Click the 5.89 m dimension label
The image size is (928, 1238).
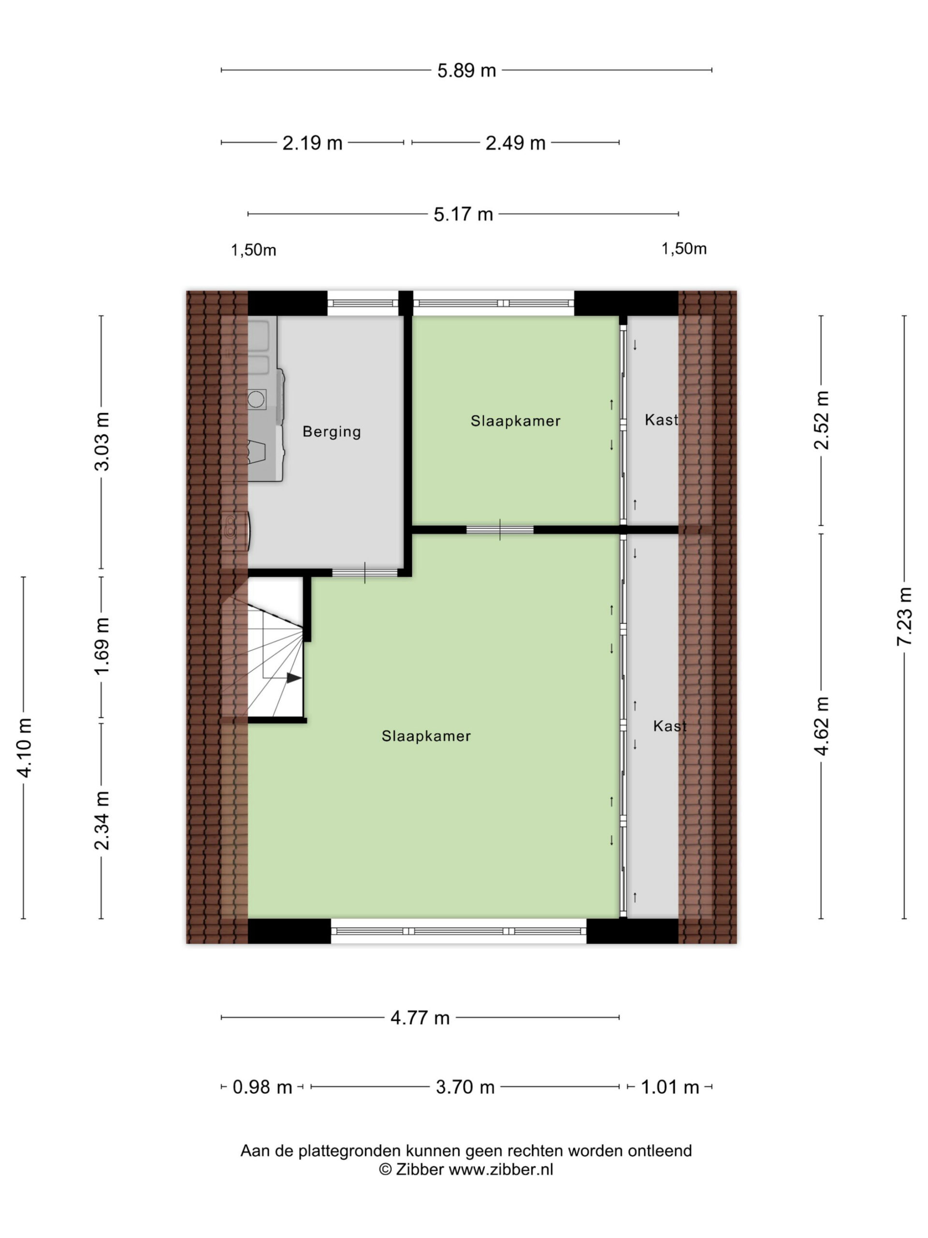point(466,71)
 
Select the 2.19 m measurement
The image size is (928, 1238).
point(312,143)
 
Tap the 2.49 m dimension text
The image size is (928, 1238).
point(515,143)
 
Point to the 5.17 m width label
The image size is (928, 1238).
point(463,214)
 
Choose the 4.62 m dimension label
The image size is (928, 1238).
point(821,726)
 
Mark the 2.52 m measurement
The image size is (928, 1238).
point(821,420)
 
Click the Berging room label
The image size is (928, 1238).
point(332,431)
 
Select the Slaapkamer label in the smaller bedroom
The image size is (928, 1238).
point(515,421)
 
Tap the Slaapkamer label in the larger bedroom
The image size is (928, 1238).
point(426,736)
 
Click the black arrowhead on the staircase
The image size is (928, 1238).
point(294,678)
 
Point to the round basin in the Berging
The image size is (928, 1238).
point(256,399)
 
